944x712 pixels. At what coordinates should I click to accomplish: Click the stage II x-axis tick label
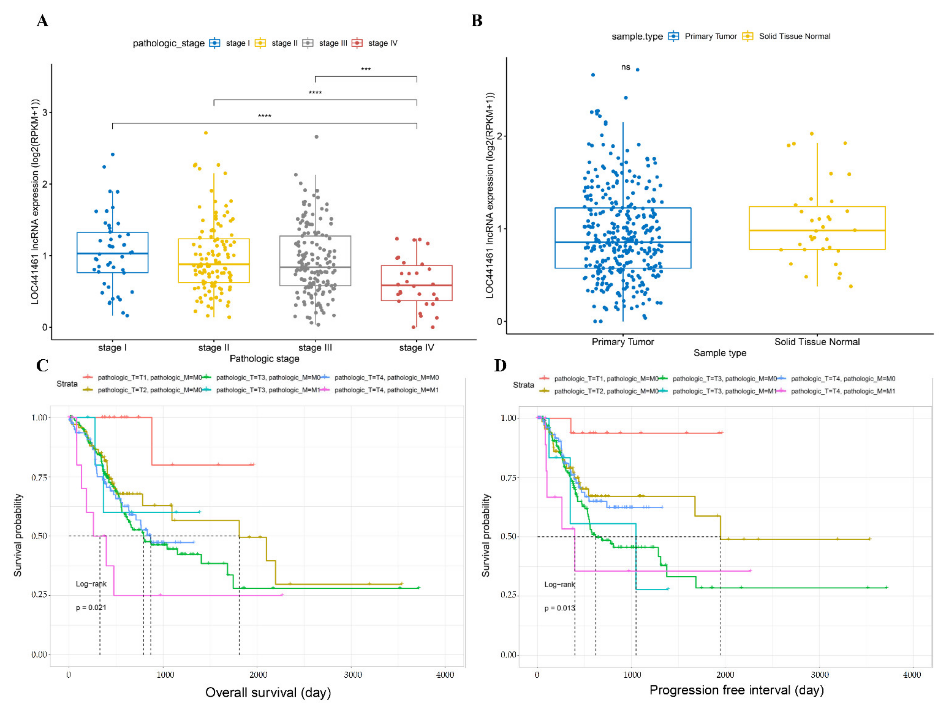click(213, 348)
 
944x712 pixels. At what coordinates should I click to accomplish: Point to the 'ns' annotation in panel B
click(626, 67)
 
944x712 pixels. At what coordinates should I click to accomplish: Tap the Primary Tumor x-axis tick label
click(623, 342)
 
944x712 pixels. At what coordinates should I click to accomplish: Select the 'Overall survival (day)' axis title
click(268, 692)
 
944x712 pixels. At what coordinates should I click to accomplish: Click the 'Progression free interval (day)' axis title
click(737, 690)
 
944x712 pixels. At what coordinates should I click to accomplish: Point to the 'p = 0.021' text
click(91, 608)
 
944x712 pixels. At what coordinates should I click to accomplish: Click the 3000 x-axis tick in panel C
click(352, 675)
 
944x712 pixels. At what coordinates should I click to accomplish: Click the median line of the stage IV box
click(417, 285)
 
